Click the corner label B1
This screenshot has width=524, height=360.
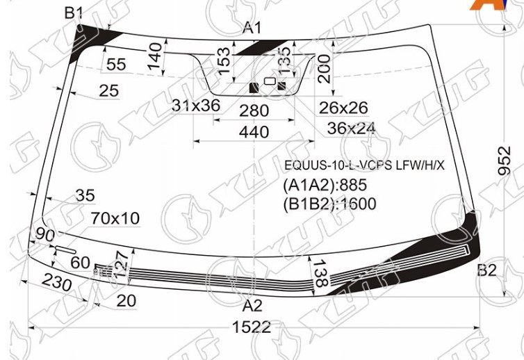[x=74, y=13]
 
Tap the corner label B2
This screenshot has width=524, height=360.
[x=487, y=270]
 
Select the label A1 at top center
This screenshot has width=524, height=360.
[x=252, y=28]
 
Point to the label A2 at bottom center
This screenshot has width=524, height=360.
[x=253, y=306]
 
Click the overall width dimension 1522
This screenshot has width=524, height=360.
[x=252, y=327]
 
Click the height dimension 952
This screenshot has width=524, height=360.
[x=505, y=161]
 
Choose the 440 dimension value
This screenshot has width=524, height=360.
[x=254, y=132]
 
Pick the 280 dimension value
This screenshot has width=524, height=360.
[x=254, y=111]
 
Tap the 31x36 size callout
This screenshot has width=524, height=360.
[x=196, y=106]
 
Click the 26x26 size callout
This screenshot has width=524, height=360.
[x=343, y=108]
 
